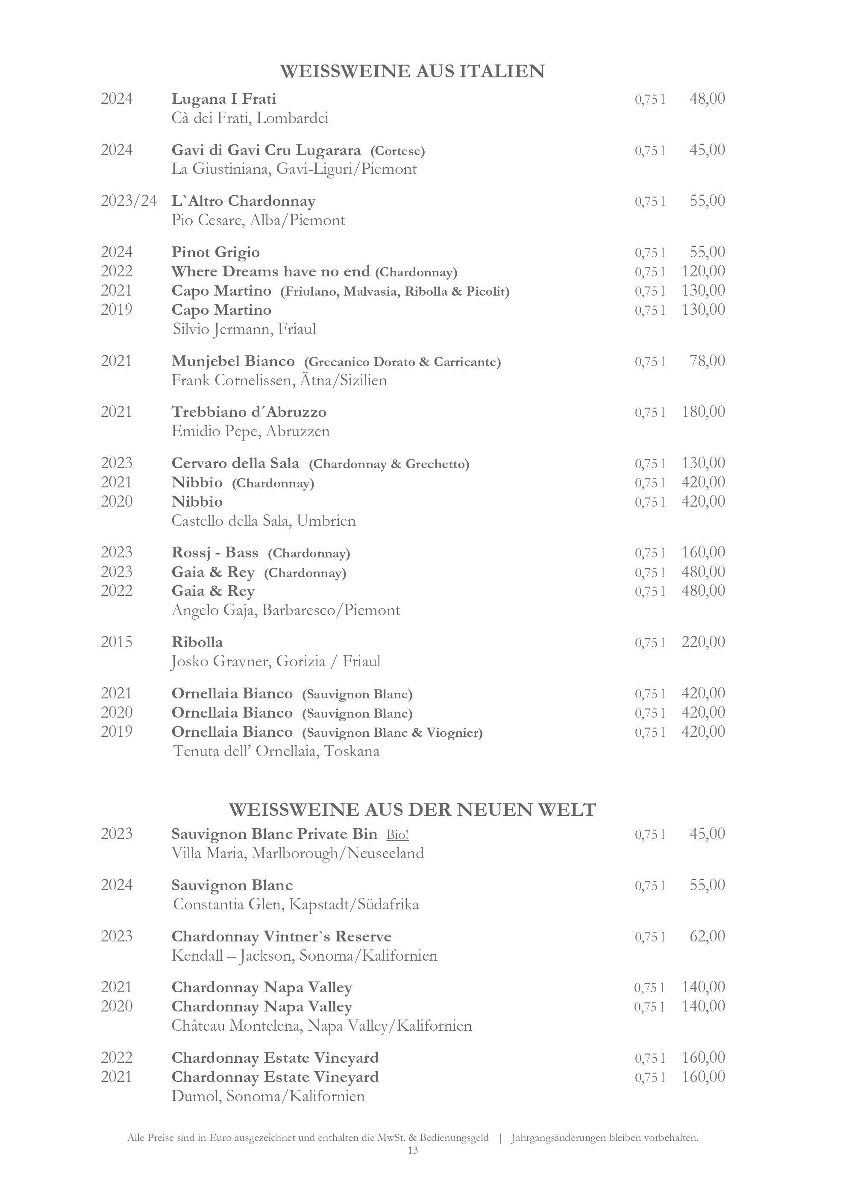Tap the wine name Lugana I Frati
[223, 99]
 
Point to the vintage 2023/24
[129, 201]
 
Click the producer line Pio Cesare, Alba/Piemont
[258, 220]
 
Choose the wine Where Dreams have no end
[270, 271]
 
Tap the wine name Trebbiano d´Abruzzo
[249, 412]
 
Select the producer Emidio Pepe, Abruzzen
[250, 431]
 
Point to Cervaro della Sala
[235, 463]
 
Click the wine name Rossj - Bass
[214, 552]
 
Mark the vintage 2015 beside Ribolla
[117, 642]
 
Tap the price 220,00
[703, 642]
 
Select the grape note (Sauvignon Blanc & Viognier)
[392, 733]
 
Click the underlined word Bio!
[397, 835]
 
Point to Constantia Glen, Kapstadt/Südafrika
[295, 904]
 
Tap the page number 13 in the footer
[413, 1150]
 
